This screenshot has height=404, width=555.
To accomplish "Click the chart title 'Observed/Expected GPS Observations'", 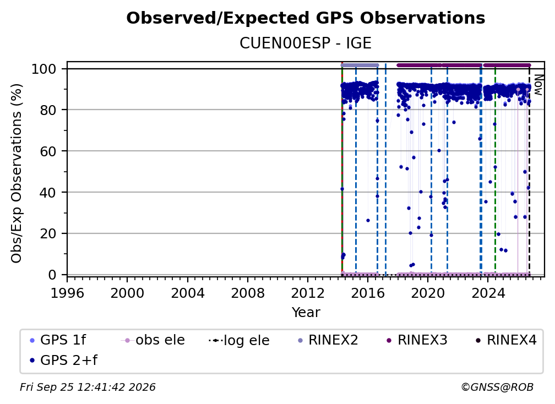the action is (x=306, y=18).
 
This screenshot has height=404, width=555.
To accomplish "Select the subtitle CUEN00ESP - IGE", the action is (x=306, y=43).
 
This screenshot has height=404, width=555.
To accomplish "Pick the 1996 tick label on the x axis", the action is (x=67, y=293).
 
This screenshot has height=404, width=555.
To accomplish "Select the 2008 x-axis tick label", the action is (x=247, y=293).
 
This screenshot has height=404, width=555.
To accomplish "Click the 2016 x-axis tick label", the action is (x=367, y=293).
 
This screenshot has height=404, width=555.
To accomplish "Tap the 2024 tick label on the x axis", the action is (x=487, y=293).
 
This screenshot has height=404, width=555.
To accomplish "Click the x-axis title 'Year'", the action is (x=306, y=313).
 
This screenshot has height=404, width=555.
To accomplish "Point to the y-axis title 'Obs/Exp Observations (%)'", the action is (x=17, y=173).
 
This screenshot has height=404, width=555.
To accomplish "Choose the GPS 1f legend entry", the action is (x=58, y=340).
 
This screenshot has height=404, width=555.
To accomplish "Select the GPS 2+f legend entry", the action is (x=64, y=361).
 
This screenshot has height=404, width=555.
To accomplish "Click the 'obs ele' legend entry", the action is (x=153, y=340).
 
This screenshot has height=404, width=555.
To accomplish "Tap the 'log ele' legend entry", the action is (x=240, y=341).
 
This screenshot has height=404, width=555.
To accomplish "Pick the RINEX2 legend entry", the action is (x=328, y=340).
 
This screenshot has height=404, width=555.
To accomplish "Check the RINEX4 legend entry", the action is (x=506, y=340).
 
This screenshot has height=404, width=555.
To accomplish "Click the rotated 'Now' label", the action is (x=537, y=85).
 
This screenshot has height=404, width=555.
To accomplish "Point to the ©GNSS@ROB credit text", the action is (x=497, y=387).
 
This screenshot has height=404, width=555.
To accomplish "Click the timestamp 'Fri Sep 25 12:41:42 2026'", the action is (x=88, y=387).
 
